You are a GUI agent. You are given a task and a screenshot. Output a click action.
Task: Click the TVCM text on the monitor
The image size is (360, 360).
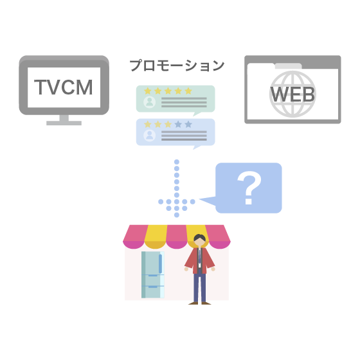[x=64, y=87]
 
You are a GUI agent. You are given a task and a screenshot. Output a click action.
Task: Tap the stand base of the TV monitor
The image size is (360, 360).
[x=64, y=123]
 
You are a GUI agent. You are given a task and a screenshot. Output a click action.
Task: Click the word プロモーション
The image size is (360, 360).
[x=177, y=66]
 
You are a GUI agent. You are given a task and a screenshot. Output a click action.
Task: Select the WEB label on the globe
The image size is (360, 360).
[x=292, y=94]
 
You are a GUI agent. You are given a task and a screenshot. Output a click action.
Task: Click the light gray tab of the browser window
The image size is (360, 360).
[x=289, y=66]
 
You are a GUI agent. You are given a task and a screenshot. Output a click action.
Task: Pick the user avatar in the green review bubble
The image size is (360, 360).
[x=149, y=102]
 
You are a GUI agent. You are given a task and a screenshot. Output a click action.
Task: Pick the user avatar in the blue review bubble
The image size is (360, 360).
[x=149, y=135]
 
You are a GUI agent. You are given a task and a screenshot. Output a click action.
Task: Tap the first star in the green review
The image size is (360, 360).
[x=148, y=91]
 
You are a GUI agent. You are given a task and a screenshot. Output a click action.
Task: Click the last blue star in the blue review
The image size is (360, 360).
[x=188, y=124]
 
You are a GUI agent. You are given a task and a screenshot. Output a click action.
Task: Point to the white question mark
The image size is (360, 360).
[x=249, y=188]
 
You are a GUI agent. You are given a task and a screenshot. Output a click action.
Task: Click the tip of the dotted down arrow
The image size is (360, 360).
[x=177, y=215]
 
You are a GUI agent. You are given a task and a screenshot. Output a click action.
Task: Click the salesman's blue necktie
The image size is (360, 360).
[x=200, y=256]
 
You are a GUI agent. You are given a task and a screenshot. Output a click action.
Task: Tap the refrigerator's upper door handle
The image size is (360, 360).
[x=160, y=264]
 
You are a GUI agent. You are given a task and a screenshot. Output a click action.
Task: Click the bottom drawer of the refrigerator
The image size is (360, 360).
[x=153, y=292]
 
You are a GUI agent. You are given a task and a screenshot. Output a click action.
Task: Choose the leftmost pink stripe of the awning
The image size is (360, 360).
[x=135, y=237]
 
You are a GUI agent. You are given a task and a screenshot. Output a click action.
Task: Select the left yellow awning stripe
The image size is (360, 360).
[x=156, y=237]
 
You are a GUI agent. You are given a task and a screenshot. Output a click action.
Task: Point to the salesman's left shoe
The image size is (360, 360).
[x=193, y=303]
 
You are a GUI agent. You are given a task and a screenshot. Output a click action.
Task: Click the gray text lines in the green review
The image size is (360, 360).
[x=184, y=102]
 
